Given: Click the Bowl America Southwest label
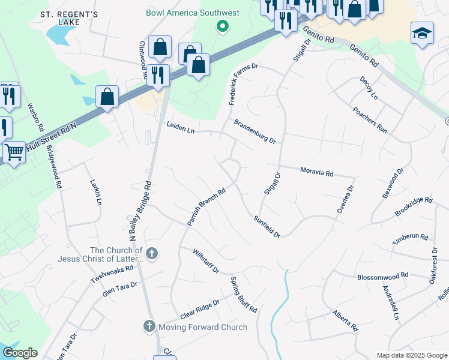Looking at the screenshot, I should click(x=192, y=13).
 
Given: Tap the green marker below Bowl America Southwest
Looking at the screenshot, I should click(x=223, y=26).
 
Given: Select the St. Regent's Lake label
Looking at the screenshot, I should click(x=69, y=17).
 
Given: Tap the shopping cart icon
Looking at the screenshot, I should click(x=13, y=152).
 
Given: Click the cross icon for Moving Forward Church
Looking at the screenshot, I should click(x=149, y=326).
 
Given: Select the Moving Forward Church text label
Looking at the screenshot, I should click(x=202, y=327).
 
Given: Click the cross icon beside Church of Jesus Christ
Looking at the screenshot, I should click(x=151, y=254).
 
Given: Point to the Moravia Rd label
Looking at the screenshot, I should click(x=316, y=172).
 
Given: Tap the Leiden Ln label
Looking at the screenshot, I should click(x=181, y=127).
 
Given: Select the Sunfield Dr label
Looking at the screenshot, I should click(x=267, y=227).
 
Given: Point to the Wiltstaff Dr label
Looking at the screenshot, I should click(x=206, y=262).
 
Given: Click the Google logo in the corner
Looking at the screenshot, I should click(x=19, y=353).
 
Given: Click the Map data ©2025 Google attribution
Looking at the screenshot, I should click(x=412, y=355).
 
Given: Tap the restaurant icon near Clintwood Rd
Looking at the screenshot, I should click(x=158, y=75).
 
